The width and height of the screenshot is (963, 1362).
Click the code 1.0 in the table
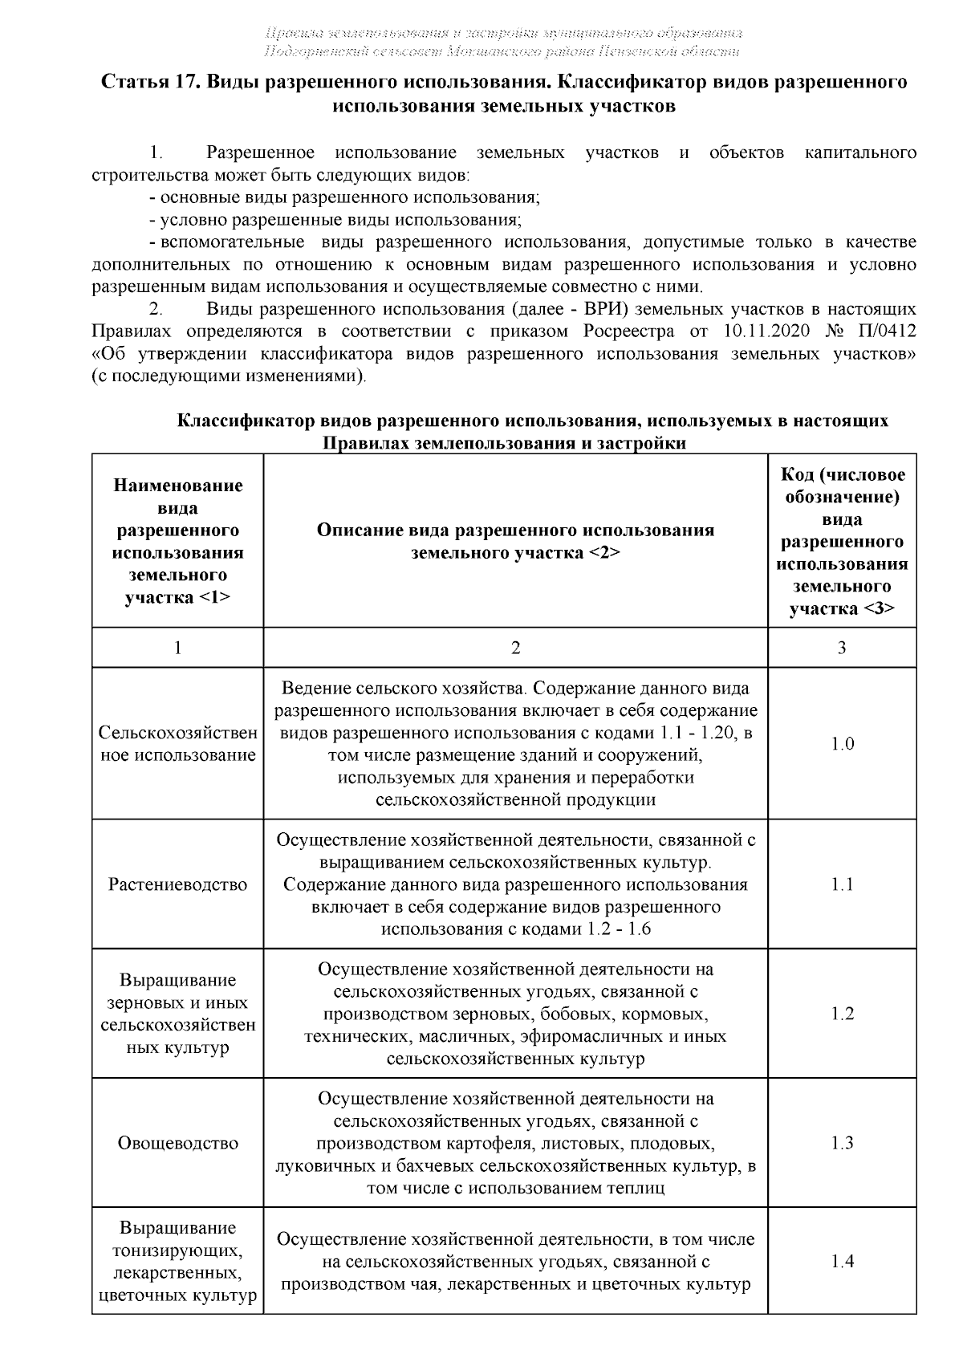pos(842,744)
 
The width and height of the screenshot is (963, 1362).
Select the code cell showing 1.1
pos(842,884)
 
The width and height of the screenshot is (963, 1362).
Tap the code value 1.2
pos(842,1014)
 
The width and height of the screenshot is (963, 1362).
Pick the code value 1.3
pos(842,1143)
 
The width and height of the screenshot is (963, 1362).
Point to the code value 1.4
pos(842,1261)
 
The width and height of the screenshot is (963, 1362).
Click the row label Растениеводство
pos(177,884)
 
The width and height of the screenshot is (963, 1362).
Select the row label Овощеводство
pos(177,1143)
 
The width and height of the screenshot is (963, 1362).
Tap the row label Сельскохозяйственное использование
pos(177,744)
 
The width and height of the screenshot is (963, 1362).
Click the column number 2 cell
pos(515,648)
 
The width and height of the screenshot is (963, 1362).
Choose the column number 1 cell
pos(177,648)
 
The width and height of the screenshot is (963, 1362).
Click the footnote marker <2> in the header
pos(604,553)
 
